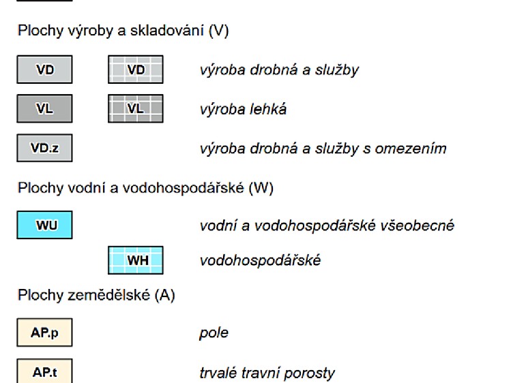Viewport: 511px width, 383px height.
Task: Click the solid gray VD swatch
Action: point(44,70)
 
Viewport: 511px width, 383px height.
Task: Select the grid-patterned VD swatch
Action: point(136,70)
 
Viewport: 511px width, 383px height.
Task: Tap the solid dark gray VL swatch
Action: point(44,108)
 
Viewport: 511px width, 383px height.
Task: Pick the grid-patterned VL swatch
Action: point(136,108)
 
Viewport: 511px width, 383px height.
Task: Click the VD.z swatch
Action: point(44,148)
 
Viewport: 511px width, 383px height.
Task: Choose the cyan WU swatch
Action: point(44,225)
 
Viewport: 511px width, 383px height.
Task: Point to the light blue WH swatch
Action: point(136,260)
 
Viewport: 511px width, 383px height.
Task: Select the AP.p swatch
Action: point(44,333)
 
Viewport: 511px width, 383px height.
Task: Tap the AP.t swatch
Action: point(44,371)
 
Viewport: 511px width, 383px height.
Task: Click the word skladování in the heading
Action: point(167,31)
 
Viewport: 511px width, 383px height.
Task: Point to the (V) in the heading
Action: point(218,31)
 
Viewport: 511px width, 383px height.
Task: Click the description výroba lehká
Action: point(243,109)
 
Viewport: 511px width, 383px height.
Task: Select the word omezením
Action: point(411,149)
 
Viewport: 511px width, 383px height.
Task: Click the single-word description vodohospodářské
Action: point(260,260)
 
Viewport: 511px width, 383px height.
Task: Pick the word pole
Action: point(214,333)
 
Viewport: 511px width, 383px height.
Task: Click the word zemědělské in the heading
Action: point(109,295)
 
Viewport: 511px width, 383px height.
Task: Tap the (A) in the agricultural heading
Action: point(164,295)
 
